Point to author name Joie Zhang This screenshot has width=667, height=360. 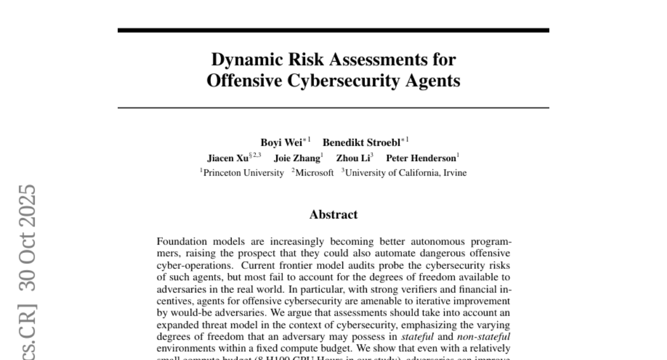pos(297,158)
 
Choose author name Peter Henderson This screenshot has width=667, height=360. pos(421,158)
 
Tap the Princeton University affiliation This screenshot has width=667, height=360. pos(243,173)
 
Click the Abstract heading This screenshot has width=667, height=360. pos(333,214)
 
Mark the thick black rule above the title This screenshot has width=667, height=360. pos(333,30)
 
